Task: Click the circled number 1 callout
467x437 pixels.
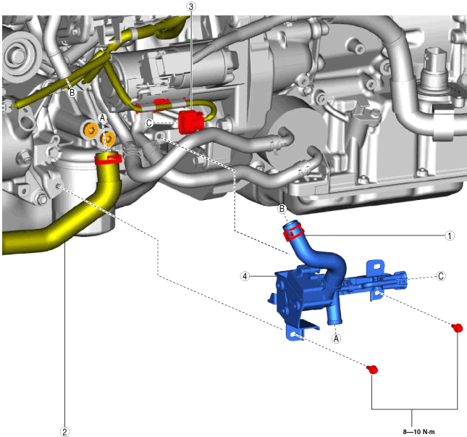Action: [x=450, y=236]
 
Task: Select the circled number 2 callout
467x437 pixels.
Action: [x=64, y=431]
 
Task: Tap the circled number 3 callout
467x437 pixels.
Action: [x=191, y=7]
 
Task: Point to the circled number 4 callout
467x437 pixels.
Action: [x=245, y=276]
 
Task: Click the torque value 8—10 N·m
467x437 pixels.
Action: [x=418, y=432]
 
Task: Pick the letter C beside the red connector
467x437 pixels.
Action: [x=149, y=122]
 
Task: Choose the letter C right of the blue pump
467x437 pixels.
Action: [x=441, y=276]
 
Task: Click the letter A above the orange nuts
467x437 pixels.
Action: [x=103, y=118]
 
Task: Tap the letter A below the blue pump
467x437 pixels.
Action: [x=336, y=338]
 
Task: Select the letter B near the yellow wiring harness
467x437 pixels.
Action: [x=72, y=93]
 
